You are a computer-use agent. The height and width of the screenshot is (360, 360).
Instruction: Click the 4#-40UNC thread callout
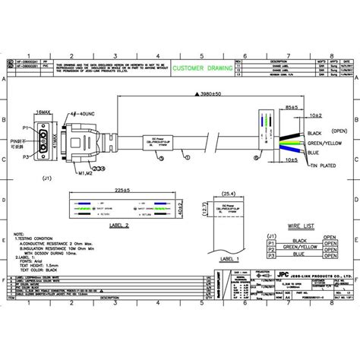point(84,114)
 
